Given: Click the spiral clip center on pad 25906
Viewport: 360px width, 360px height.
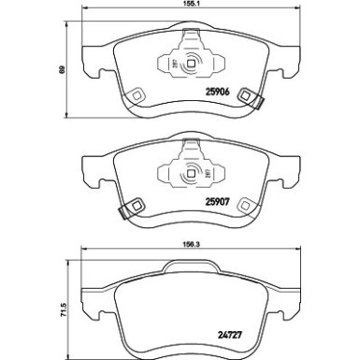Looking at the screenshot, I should tap(193, 65).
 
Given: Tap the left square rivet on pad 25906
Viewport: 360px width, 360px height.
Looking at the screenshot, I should tap(136, 94).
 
